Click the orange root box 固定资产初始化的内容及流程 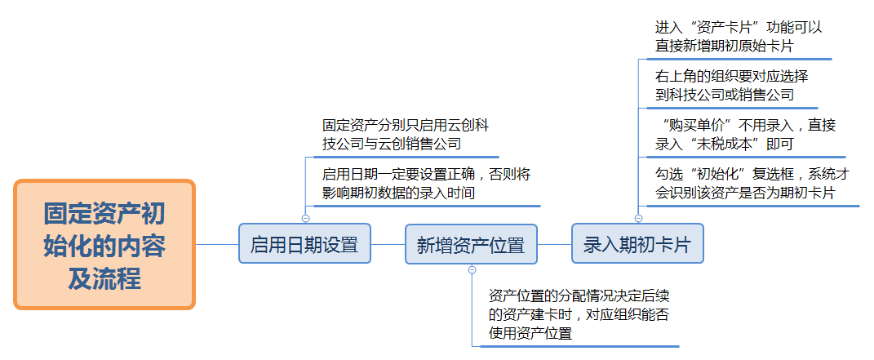coord(104,245)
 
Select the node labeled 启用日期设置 coord(304,244)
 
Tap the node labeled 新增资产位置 coord(471,244)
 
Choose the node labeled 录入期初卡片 coord(637,244)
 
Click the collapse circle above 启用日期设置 coord(305,218)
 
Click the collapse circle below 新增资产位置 coord(472,269)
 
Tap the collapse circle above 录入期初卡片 coord(638,218)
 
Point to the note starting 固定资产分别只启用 coord(406,135)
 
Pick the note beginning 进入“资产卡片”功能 coord(738,37)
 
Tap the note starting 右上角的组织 coord(731,85)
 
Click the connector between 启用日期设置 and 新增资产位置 coord(388,244)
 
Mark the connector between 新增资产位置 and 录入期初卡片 coord(554,244)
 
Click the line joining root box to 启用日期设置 coord(217,244)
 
